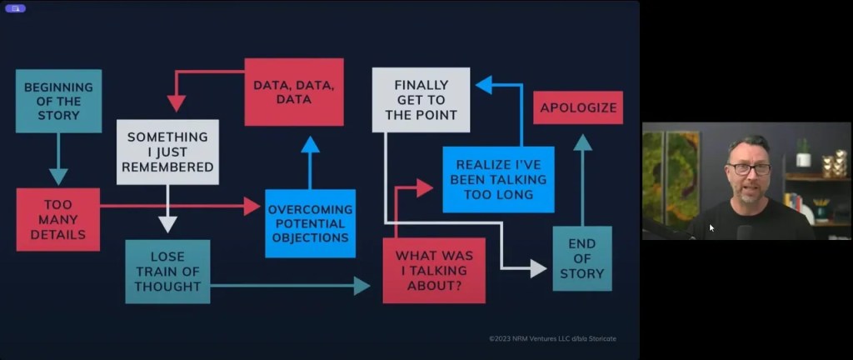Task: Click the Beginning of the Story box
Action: pyautogui.click(x=58, y=101)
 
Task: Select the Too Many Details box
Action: pyautogui.click(x=58, y=219)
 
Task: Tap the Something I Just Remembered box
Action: pyautogui.click(x=167, y=152)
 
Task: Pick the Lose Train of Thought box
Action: pyautogui.click(x=167, y=272)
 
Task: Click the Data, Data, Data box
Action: pyautogui.click(x=294, y=92)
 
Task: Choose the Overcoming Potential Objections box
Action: pyautogui.click(x=310, y=223)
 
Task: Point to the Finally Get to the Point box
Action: pyautogui.click(x=421, y=100)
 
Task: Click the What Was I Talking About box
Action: pyautogui.click(x=434, y=270)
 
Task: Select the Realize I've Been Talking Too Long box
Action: pyautogui.click(x=498, y=179)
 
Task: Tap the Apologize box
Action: pyautogui.click(x=578, y=107)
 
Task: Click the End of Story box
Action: pyautogui.click(x=582, y=258)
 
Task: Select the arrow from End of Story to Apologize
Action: pyautogui.click(x=583, y=179)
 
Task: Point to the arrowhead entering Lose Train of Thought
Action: pyautogui.click(x=168, y=223)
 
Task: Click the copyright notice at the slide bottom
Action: pyautogui.click(x=552, y=338)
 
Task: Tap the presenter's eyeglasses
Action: pyautogui.click(x=749, y=168)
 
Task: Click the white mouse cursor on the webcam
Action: pyautogui.click(x=712, y=227)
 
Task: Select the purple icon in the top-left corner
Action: pyautogui.click(x=15, y=7)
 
